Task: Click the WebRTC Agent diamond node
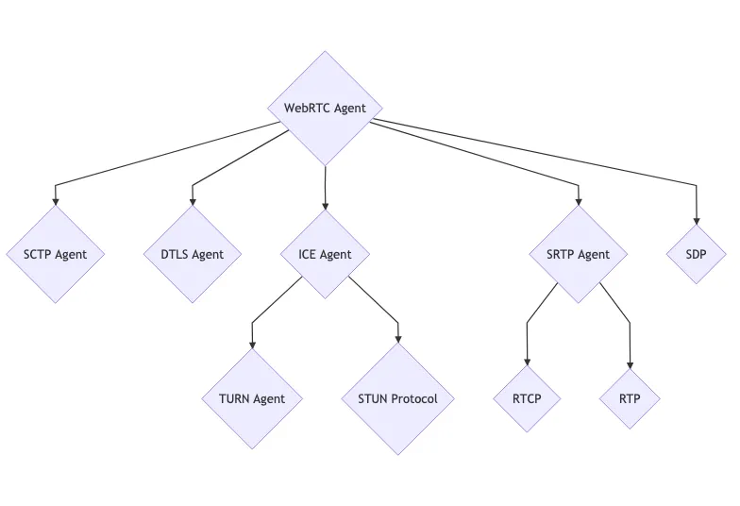pos(325,108)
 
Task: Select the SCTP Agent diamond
pos(55,254)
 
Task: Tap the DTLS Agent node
pos(193,254)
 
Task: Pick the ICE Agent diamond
pos(325,254)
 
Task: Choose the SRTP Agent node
pos(578,254)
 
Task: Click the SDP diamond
pos(698,254)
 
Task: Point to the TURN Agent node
pos(252,398)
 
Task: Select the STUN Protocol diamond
pos(397,398)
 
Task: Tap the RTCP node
pos(527,398)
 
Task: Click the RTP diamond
pos(630,398)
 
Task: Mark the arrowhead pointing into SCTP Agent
pos(55,201)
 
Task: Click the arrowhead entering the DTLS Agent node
pos(193,201)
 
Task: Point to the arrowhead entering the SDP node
pos(698,220)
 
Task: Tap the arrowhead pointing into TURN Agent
pos(252,344)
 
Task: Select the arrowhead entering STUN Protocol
pos(397,337)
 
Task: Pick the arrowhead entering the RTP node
pos(630,364)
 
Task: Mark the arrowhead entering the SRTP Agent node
pos(578,201)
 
